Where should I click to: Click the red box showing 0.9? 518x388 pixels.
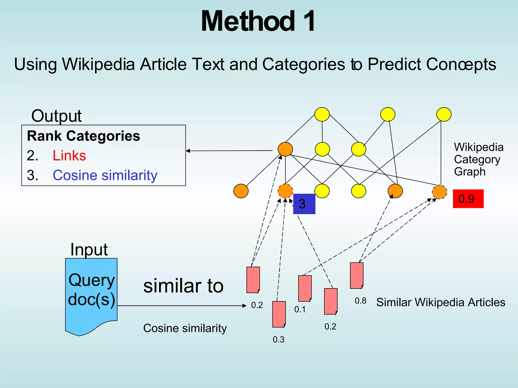click(x=468, y=199)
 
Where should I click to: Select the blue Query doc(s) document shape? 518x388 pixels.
click(x=91, y=293)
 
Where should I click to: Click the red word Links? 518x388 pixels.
click(x=69, y=156)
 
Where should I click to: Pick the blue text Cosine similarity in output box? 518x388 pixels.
click(x=105, y=175)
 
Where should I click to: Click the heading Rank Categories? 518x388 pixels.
click(x=83, y=136)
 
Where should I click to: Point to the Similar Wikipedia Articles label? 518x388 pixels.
click(x=441, y=302)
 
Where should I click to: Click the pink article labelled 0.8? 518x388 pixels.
click(x=357, y=275)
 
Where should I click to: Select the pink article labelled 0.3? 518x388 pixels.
click(x=279, y=314)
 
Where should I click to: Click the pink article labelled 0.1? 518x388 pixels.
click(x=305, y=288)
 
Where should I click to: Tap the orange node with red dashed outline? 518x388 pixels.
click(x=285, y=191)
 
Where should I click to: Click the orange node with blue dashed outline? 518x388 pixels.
click(x=440, y=192)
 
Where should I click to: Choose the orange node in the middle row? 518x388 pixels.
click(x=285, y=149)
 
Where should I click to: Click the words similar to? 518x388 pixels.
click(x=183, y=286)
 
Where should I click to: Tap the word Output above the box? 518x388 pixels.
click(x=56, y=116)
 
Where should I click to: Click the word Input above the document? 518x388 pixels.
click(x=89, y=250)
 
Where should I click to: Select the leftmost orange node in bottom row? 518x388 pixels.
click(x=241, y=191)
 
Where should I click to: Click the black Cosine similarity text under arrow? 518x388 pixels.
click(x=185, y=328)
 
